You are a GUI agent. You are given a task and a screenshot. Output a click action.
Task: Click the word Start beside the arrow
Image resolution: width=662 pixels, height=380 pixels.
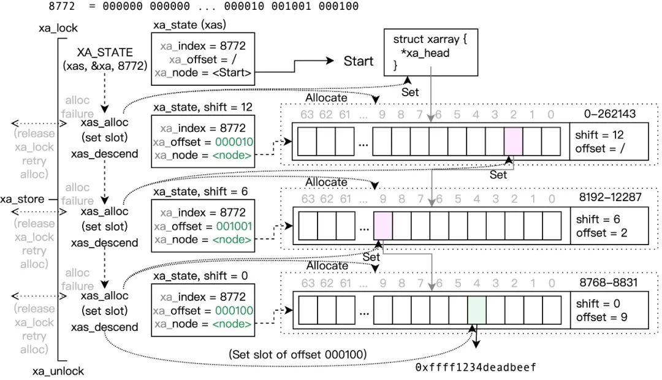coord(359,61)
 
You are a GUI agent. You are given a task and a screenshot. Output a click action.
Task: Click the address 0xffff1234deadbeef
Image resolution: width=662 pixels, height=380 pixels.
coord(476,368)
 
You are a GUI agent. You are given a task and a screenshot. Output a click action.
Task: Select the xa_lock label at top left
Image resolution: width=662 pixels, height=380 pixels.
coord(58,28)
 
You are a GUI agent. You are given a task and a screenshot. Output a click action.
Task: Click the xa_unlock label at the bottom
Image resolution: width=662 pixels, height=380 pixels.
coord(58,371)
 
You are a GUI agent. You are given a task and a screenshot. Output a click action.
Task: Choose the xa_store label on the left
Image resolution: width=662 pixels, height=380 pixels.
coord(22,199)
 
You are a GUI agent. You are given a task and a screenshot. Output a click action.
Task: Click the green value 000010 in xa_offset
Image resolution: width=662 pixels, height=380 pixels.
coord(234,142)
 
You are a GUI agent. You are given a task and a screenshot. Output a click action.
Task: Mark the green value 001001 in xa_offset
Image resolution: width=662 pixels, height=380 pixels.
coord(234,226)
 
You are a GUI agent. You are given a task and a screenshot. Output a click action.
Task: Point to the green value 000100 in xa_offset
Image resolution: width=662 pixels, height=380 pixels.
coord(234,311)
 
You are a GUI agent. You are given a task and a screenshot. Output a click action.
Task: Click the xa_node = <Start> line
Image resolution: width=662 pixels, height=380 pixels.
coord(203,73)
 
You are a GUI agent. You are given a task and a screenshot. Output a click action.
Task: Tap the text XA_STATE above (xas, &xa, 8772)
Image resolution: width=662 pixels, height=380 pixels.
coord(105,53)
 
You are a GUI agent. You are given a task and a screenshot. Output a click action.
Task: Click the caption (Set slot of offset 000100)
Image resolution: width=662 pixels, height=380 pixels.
coord(297,354)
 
